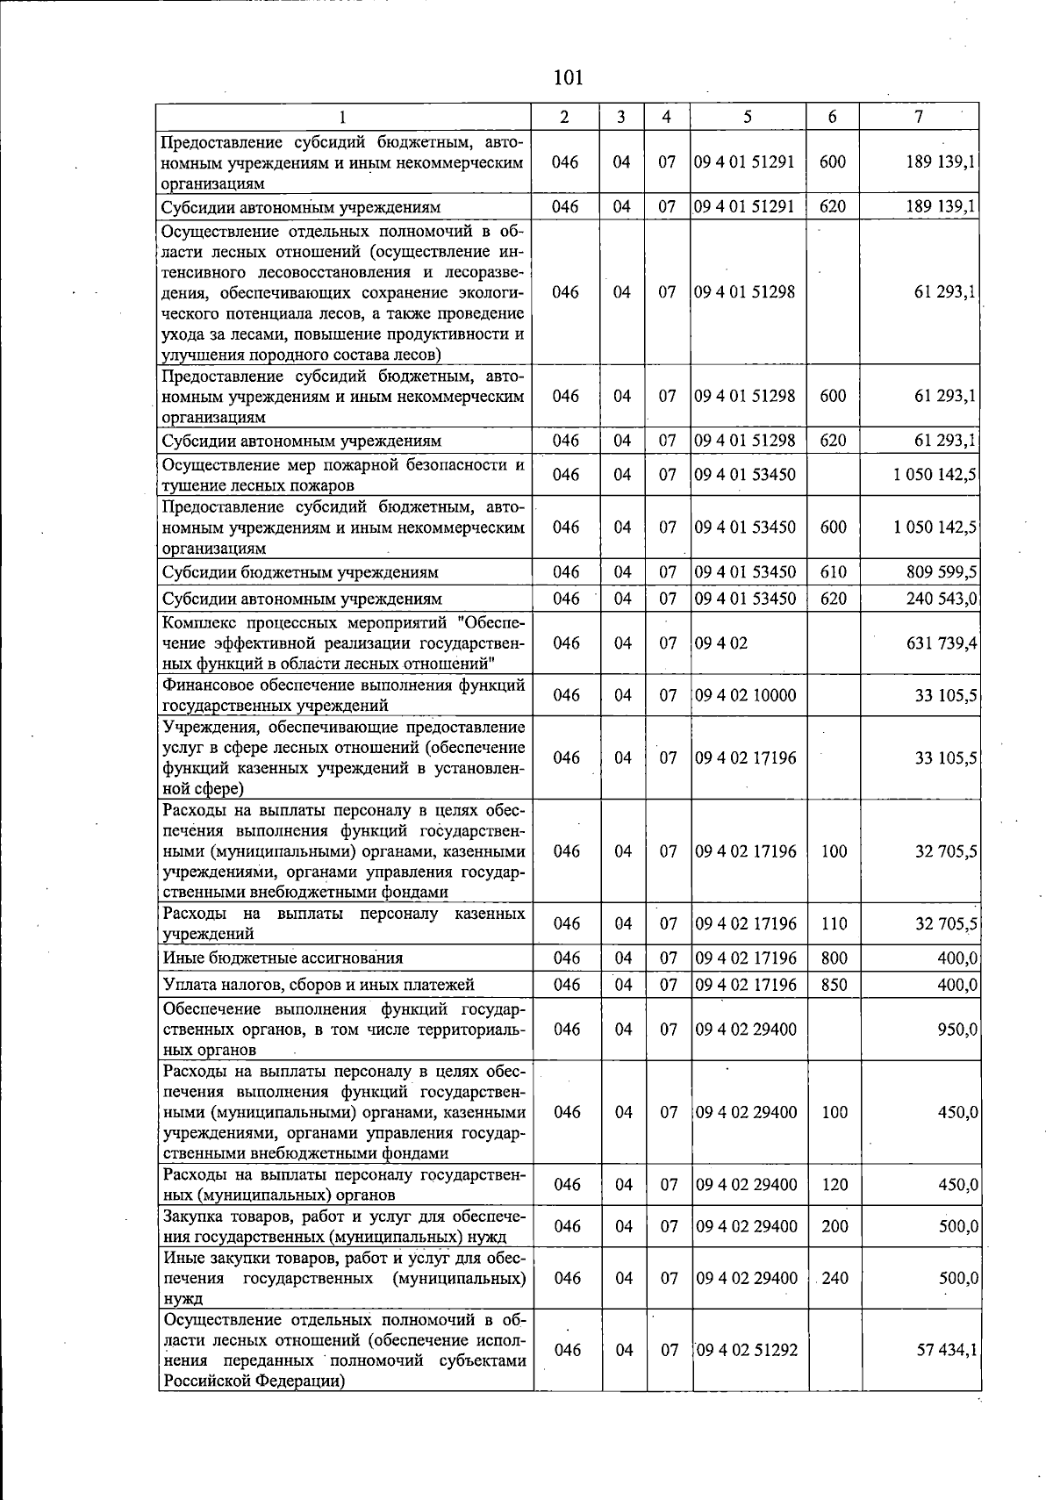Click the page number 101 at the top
[569, 78]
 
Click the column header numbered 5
[747, 117]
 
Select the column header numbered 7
[918, 117]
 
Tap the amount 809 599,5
[942, 572]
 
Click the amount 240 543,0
[942, 599]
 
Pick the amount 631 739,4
[942, 643]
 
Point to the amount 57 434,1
[946, 1350]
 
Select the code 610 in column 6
[834, 572]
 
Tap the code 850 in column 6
[834, 985]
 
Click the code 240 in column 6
[835, 1278]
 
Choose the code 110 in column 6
[834, 923]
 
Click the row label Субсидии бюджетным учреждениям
[301, 572]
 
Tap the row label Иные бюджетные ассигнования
[283, 958]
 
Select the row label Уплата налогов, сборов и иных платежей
[319, 985]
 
